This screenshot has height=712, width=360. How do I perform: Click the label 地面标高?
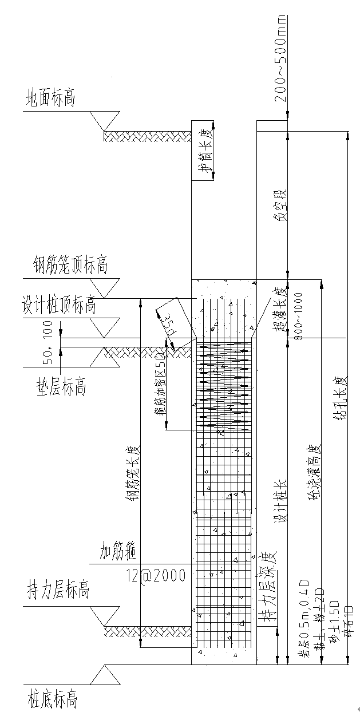click(50, 98)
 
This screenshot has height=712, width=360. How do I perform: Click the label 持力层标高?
click(58, 590)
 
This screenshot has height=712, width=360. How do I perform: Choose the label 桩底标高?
click(52, 699)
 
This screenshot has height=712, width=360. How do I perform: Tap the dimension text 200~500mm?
click(280, 63)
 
